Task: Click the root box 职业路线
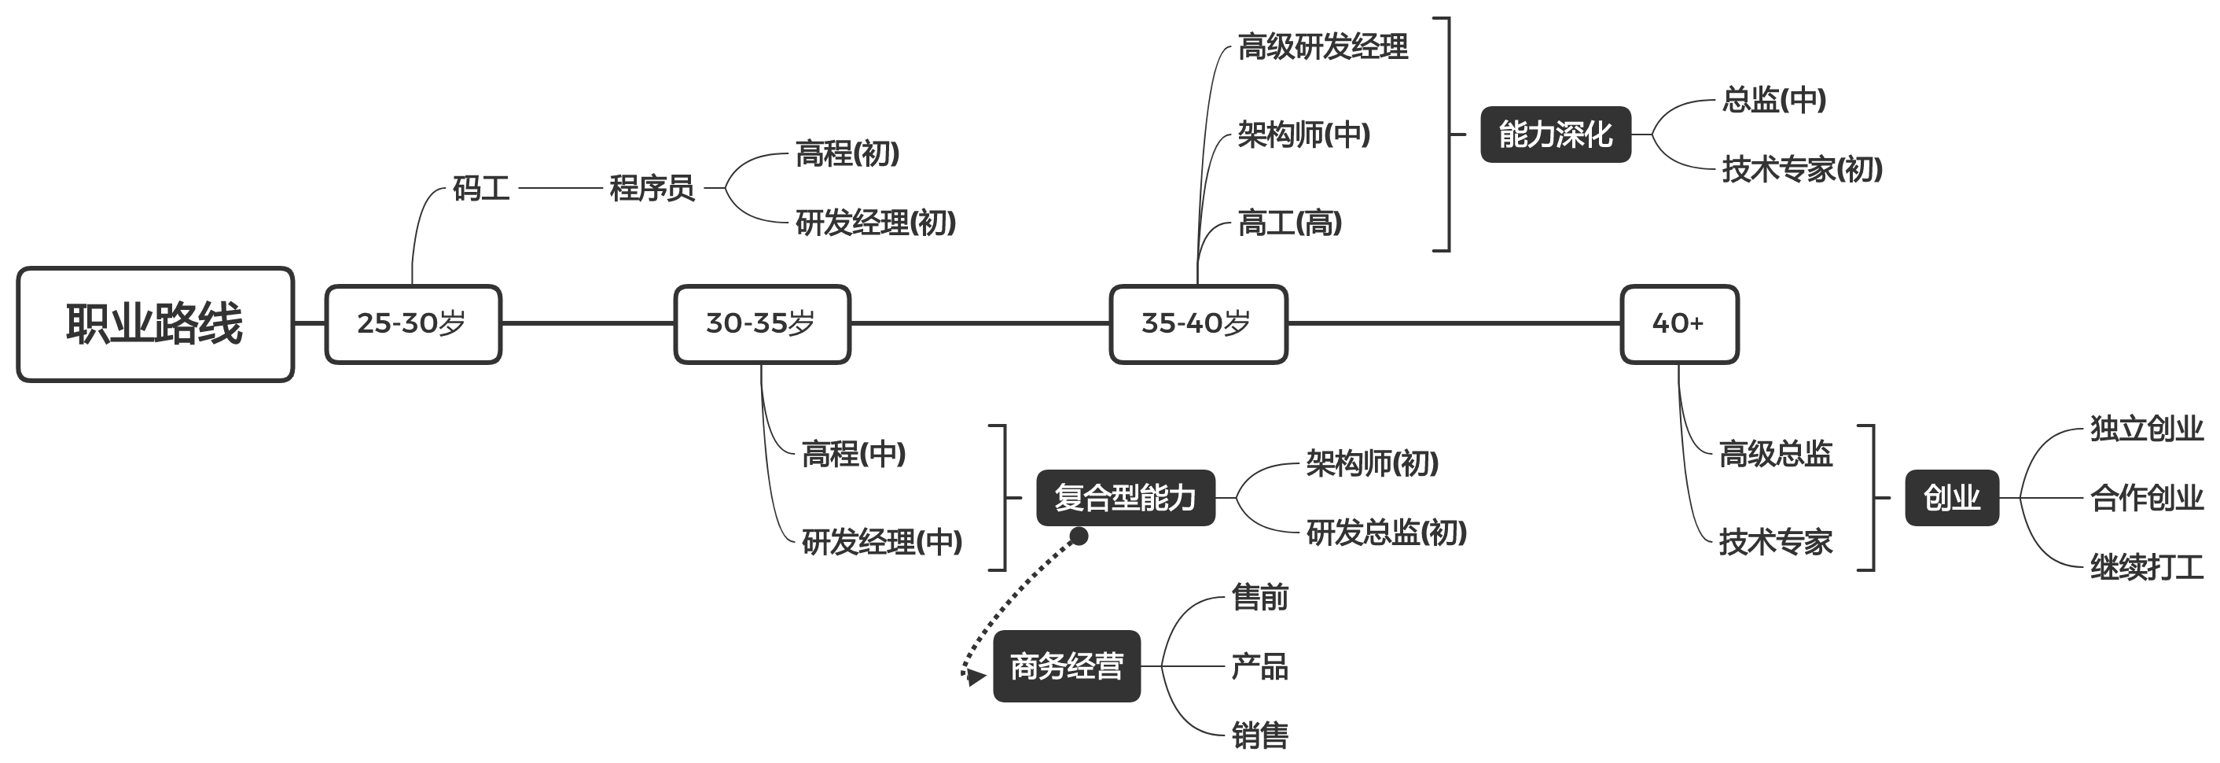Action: tap(155, 324)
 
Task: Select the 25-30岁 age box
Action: tap(413, 324)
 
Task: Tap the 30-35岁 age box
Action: tap(762, 324)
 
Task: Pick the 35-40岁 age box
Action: tap(1198, 324)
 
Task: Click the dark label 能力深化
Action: tap(1555, 135)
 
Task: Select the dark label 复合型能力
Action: tap(1125, 497)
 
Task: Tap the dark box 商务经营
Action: tap(1066, 665)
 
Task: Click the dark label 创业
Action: tap(1951, 497)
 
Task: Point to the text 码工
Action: tap(481, 188)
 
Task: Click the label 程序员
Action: tap(652, 188)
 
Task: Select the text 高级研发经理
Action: tap(1322, 46)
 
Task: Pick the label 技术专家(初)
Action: tap(1801, 169)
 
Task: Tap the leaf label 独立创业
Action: tap(2146, 429)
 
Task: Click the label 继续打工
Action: tap(2146, 567)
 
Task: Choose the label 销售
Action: tap(1259, 735)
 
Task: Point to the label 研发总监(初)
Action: tap(1386, 533)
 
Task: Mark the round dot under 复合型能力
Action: tap(1078, 537)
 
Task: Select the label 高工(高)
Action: tap(1289, 223)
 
